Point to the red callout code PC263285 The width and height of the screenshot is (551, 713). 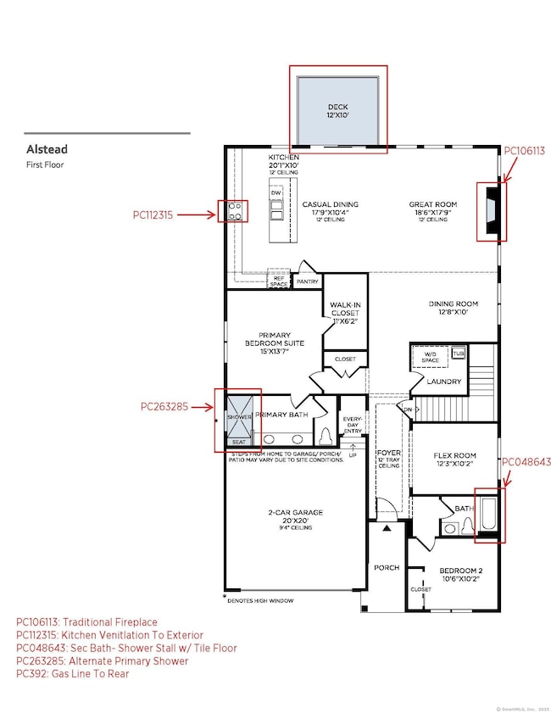(170, 406)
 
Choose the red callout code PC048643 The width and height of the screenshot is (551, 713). (526, 462)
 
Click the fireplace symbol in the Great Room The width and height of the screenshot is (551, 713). (492, 211)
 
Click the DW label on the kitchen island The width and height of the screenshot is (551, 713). (275, 192)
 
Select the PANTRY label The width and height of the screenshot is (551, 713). (306, 281)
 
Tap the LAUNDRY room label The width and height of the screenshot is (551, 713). (444, 382)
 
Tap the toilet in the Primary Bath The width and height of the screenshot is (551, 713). (327, 436)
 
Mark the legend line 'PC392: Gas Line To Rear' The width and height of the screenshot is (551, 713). (71, 673)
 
